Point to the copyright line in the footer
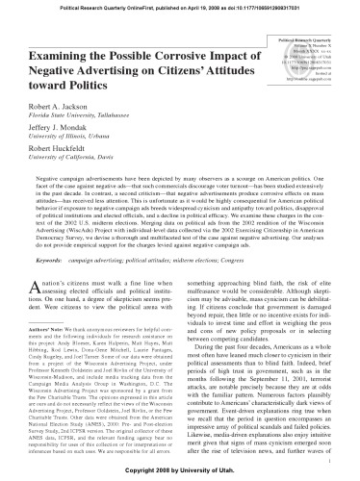(180, 473)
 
